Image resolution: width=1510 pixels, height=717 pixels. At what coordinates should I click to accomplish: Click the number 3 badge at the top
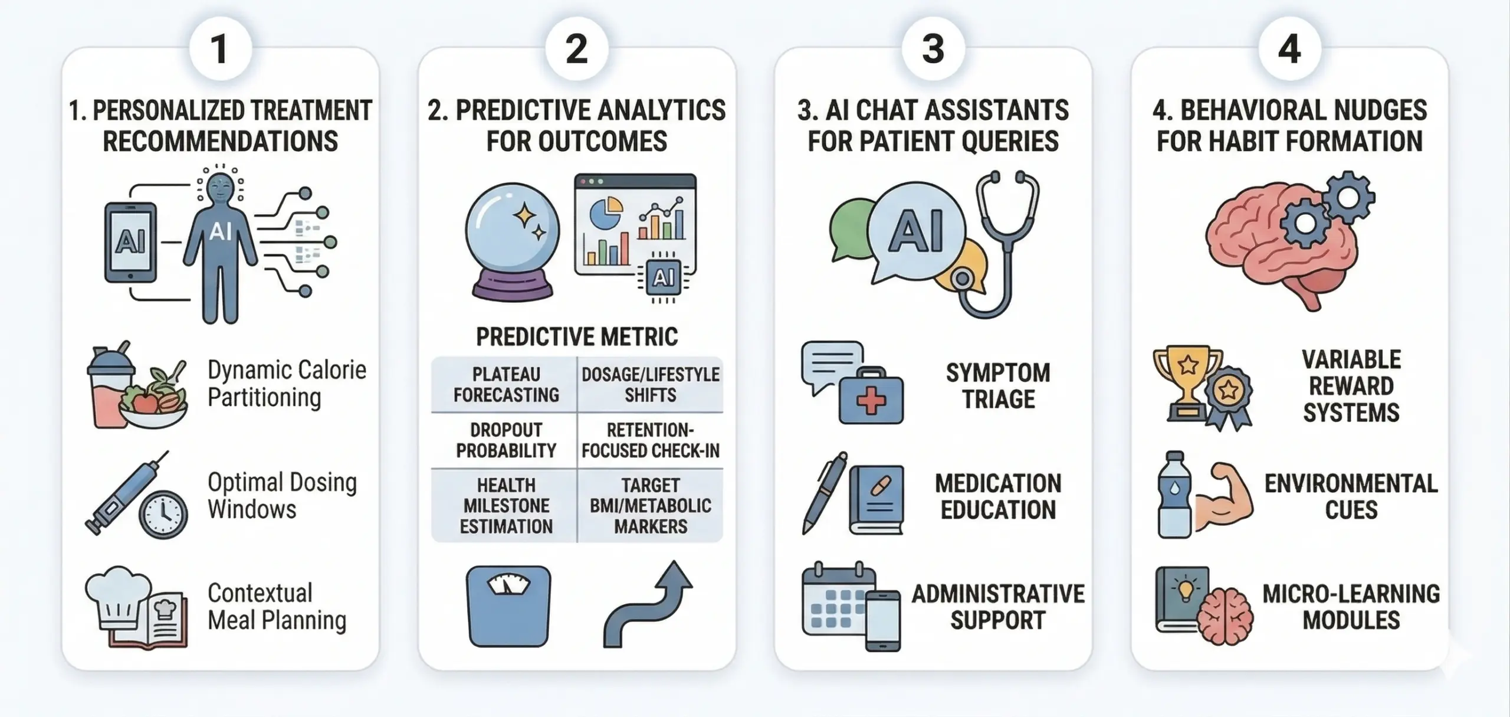coord(933,48)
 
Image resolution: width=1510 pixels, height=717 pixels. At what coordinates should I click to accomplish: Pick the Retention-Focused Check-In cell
coord(651,440)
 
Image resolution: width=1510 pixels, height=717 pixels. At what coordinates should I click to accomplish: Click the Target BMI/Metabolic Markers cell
coord(651,506)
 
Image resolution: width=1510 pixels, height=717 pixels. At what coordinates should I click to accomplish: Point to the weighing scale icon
coord(508,606)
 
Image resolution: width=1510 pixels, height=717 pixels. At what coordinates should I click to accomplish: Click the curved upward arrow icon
coord(647,604)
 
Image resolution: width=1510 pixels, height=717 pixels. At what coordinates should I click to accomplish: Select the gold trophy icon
coord(1187,383)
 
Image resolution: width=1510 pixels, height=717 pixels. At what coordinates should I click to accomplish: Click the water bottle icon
coord(1175,495)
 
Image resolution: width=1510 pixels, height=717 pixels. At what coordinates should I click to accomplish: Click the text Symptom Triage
coord(998,386)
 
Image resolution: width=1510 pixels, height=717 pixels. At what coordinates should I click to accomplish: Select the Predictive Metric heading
coord(577,337)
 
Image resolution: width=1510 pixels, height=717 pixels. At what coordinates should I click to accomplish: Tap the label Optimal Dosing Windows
coord(282,496)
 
